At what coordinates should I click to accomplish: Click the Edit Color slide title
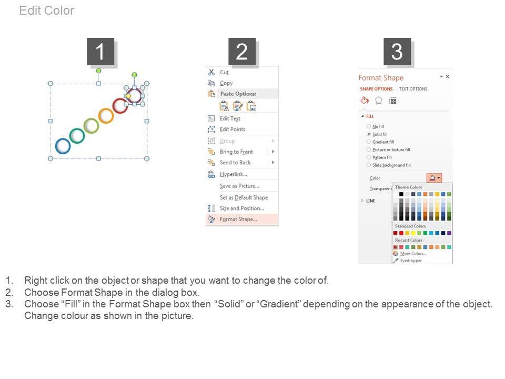click(x=47, y=11)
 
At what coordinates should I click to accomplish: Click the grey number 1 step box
click(x=100, y=52)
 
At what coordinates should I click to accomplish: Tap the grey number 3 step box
click(x=397, y=52)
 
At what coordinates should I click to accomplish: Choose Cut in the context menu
click(x=224, y=72)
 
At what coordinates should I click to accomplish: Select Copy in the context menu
click(x=226, y=83)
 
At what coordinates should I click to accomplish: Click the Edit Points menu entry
click(x=233, y=129)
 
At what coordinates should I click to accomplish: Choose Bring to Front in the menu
click(x=236, y=152)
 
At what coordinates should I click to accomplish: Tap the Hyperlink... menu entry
click(x=234, y=174)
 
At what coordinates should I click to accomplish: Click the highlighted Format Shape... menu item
click(x=238, y=219)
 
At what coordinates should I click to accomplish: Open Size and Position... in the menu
click(x=242, y=208)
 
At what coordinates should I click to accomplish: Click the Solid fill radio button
click(x=369, y=134)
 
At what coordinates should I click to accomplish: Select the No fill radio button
click(x=369, y=126)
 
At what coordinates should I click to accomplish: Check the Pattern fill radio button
click(x=369, y=157)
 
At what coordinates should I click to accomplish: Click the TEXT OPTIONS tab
click(x=413, y=89)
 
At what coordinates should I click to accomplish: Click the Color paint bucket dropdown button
click(x=434, y=177)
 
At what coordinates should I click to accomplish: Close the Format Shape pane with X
click(x=447, y=76)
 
